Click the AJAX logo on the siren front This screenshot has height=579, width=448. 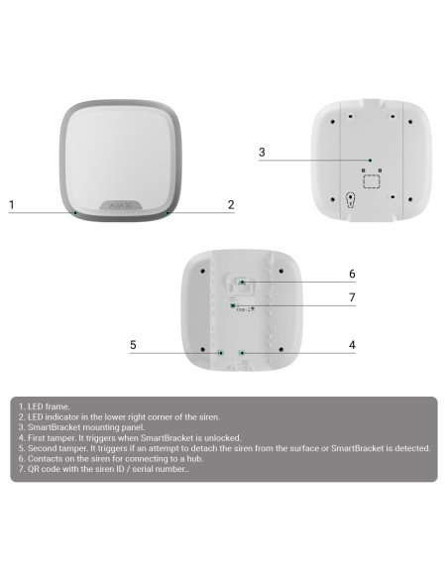coord(120,205)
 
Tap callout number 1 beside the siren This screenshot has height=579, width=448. coord(12,204)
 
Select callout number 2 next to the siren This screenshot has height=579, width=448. coord(231,204)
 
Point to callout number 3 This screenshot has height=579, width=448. coord(262,152)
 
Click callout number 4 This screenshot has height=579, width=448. coord(352,345)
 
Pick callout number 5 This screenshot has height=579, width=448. coord(133,345)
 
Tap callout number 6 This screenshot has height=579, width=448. coord(352,274)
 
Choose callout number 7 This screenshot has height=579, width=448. coord(352,297)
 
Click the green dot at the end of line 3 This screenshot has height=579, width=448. coord(370,161)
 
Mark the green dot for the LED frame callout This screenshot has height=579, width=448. coord(75,213)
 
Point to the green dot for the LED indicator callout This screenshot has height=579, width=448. coord(168,213)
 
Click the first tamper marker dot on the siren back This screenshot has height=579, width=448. coord(242,353)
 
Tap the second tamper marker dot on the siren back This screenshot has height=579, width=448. coord(221,353)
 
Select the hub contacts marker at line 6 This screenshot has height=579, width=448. coord(242,283)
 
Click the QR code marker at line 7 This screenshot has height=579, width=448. coord(233,305)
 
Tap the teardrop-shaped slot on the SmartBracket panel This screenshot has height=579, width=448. coord(350,200)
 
